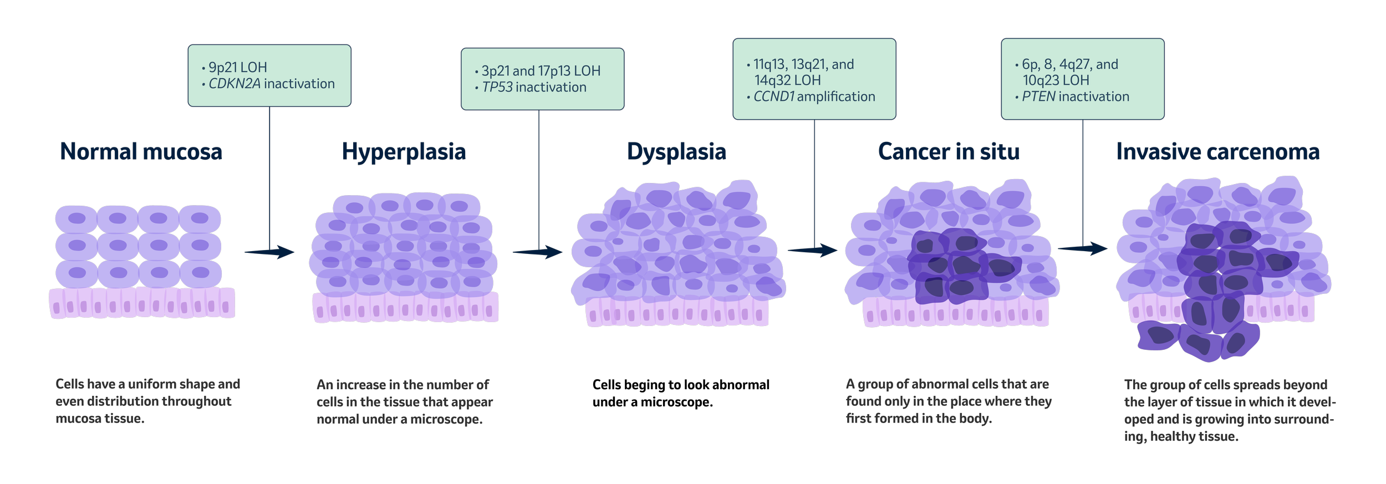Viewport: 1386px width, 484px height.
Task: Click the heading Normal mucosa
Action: (141, 152)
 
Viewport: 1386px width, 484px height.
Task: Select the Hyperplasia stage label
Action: (404, 152)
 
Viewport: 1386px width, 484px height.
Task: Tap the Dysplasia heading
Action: (676, 152)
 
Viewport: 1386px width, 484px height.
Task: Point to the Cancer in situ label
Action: (949, 152)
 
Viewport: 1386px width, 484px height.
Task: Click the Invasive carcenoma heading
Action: (1217, 152)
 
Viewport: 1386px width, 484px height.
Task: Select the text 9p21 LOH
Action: (238, 68)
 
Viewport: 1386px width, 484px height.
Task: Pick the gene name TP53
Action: (497, 88)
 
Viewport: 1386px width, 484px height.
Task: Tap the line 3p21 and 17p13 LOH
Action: (541, 71)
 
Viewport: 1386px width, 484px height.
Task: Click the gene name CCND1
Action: (774, 96)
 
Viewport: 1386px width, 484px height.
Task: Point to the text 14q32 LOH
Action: (787, 80)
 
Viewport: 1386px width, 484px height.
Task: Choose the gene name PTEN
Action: (1038, 96)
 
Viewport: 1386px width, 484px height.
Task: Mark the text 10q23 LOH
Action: (1056, 80)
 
